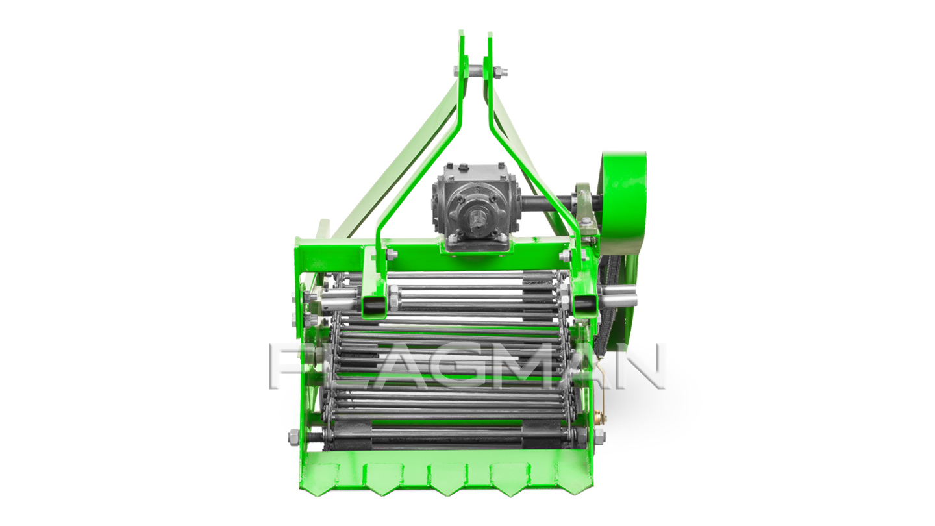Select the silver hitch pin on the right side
[x=619, y=295]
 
